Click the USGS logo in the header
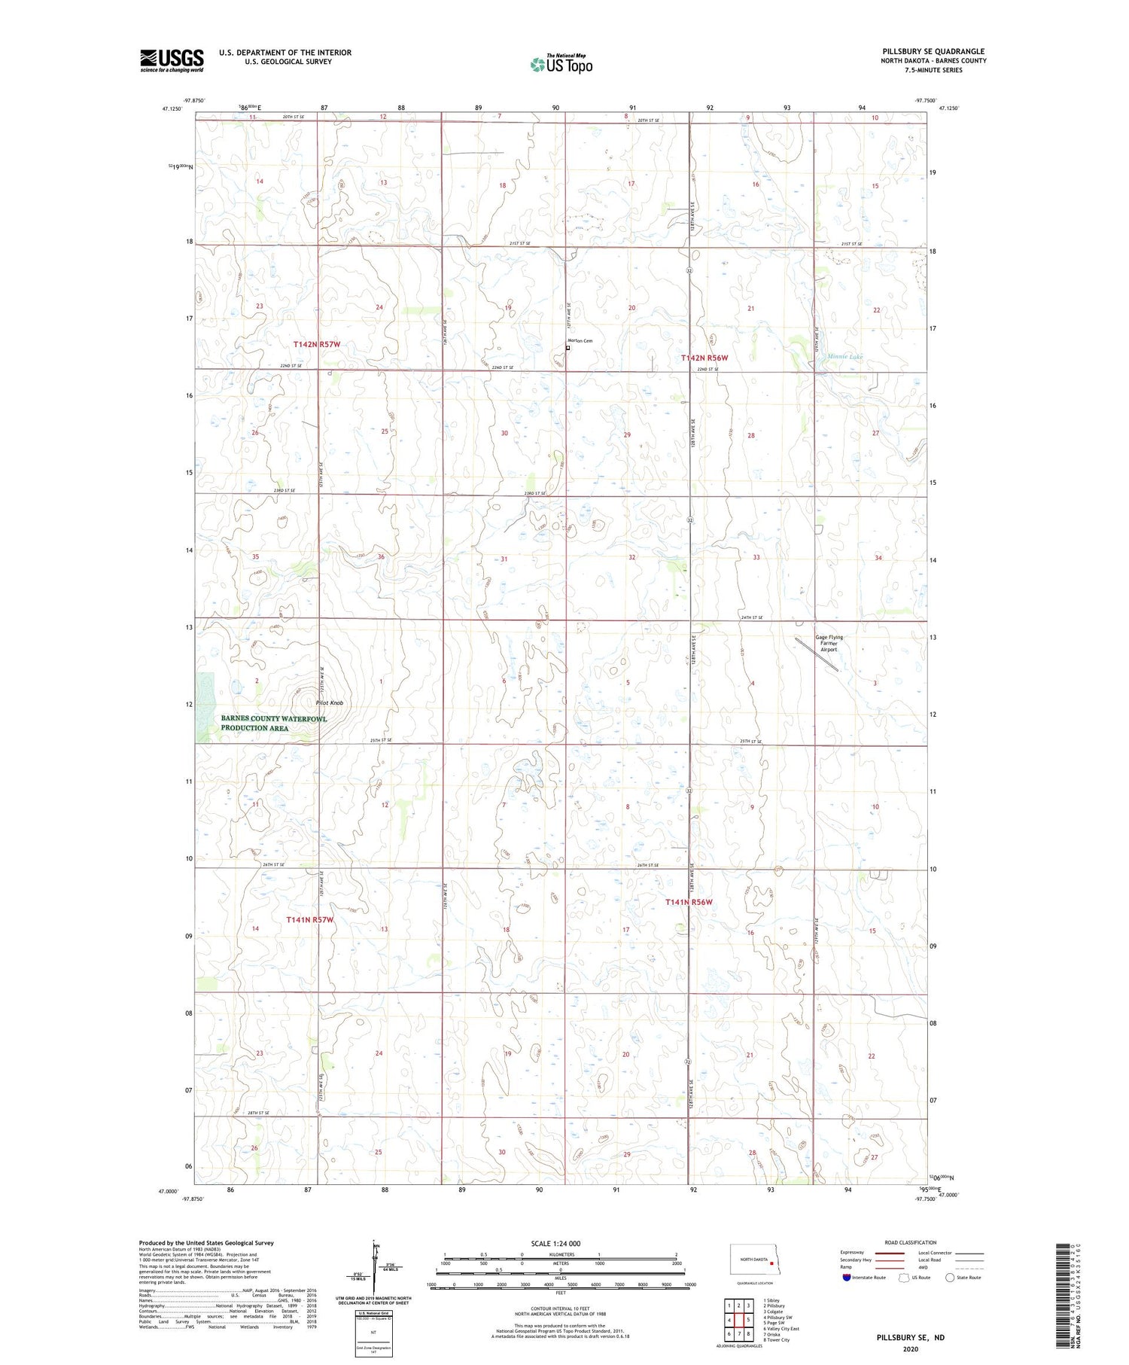(x=172, y=60)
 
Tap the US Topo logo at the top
(x=561, y=65)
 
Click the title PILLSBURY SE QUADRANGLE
(x=933, y=52)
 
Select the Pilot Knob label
(x=330, y=702)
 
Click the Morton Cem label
(x=580, y=341)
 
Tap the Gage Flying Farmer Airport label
(x=829, y=644)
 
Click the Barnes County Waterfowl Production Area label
(x=273, y=723)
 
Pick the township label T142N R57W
(x=317, y=344)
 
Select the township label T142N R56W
(x=704, y=358)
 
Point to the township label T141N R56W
(x=689, y=902)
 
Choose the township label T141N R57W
(x=309, y=919)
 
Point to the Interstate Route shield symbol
(x=848, y=1277)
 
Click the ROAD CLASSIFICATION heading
(x=911, y=1242)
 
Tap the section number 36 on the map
(x=381, y=557)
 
